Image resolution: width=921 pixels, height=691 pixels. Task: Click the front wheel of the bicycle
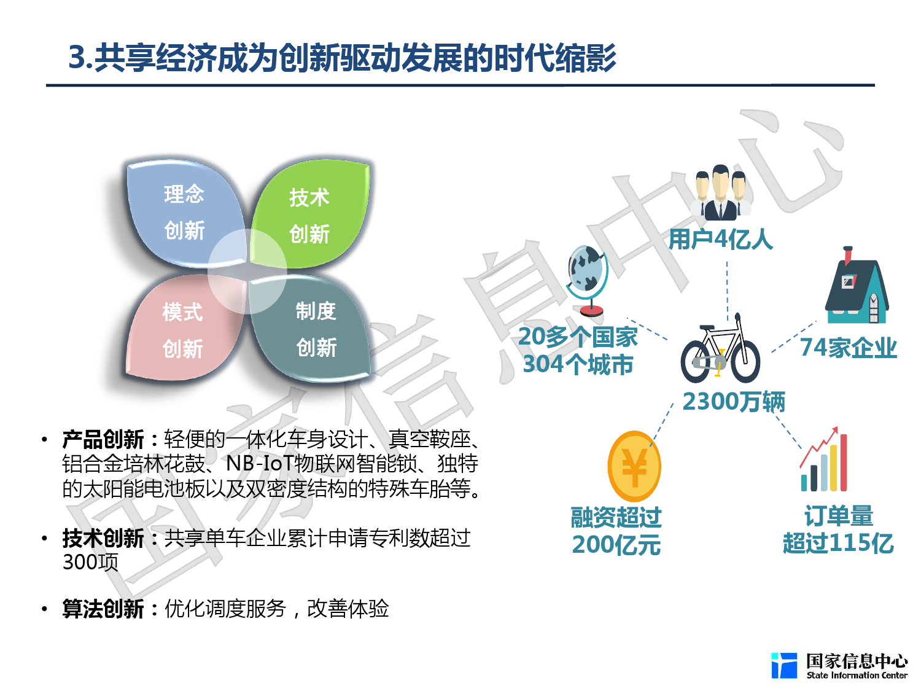[x=745, y=362]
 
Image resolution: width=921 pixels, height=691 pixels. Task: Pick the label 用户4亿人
[x=721, y=239]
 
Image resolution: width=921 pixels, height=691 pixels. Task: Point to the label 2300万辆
[x=734, y=402]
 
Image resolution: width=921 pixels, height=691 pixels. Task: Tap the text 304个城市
[x=578, y=365]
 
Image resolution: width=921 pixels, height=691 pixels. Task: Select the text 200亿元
[x=616, y=545]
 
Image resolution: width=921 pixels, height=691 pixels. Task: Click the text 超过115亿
[x=838, y=543]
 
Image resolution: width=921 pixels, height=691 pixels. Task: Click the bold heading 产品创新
[x=103, y=440]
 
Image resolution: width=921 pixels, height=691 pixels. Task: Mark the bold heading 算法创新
[x=103, y=609]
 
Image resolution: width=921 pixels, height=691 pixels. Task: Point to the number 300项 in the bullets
[x=90, y=562]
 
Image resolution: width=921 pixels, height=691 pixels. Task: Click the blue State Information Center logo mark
[x=784, y=666]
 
